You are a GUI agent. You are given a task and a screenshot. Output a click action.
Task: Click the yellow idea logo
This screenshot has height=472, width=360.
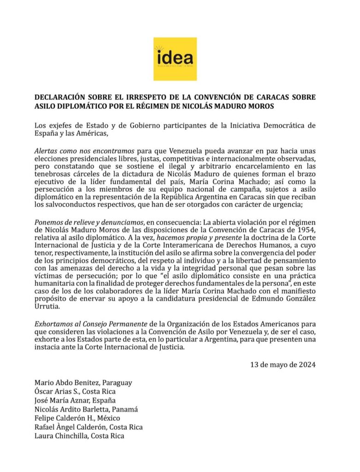175,59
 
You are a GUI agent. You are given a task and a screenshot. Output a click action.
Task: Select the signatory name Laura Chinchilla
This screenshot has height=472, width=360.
62,436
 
